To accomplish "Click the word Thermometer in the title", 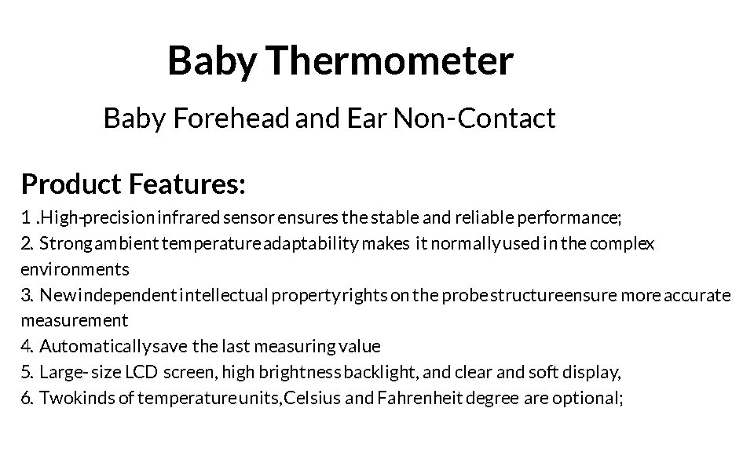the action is coord(390,60).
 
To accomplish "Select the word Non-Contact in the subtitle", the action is coord(474,118).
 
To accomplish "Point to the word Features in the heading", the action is coord(187,184).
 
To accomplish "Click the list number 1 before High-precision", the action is coord(26,217).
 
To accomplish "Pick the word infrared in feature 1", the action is coord(189,217).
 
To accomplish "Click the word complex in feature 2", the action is coord(622,244).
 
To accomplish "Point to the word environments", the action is coord(75,269).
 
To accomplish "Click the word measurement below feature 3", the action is coord(75,320).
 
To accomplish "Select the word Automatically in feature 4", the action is coord(96,347).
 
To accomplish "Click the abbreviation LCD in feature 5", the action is coord(141,372).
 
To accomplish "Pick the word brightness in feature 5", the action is coord(300,373).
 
